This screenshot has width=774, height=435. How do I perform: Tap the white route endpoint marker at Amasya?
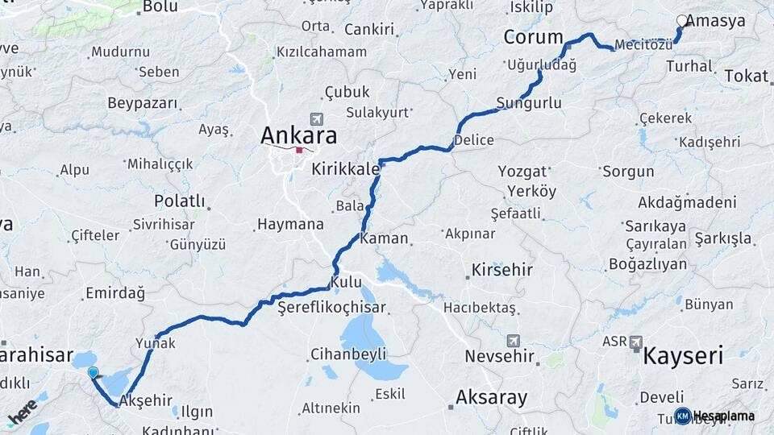pos(682,21)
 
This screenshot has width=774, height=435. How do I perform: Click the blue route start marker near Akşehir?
pos(94,372)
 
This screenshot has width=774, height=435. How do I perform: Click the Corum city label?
pos(533,37)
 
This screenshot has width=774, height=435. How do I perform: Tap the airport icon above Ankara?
pos(314,118)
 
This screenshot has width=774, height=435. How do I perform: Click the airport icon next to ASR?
pos(635,342)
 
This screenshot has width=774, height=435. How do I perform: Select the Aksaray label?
pos(491,396)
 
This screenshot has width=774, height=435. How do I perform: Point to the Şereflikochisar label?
pos(331,307)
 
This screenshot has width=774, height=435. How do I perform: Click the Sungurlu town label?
pos(529,102)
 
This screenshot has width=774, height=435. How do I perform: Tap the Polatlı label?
pos(180,201)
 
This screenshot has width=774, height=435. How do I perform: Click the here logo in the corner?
pos(23,412)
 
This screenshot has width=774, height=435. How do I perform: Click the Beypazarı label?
pos(141,103)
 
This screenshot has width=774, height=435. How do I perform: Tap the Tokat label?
pos(746,76)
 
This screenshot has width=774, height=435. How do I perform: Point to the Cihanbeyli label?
pos(348,354)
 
